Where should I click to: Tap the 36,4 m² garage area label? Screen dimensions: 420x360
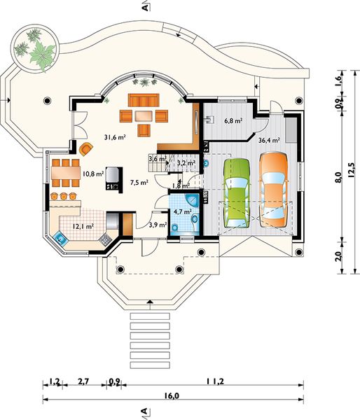[269, 140]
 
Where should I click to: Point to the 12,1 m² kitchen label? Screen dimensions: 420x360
[84, 227]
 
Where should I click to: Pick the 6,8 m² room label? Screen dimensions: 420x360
[233, 121]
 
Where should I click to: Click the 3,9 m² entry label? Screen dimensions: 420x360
[158, 225]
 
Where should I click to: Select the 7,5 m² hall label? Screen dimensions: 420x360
[139, 182]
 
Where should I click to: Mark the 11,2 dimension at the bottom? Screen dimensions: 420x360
[215, 381]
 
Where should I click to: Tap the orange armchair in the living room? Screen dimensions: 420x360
[85, 148]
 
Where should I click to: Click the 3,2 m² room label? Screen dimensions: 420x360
[186, 163]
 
